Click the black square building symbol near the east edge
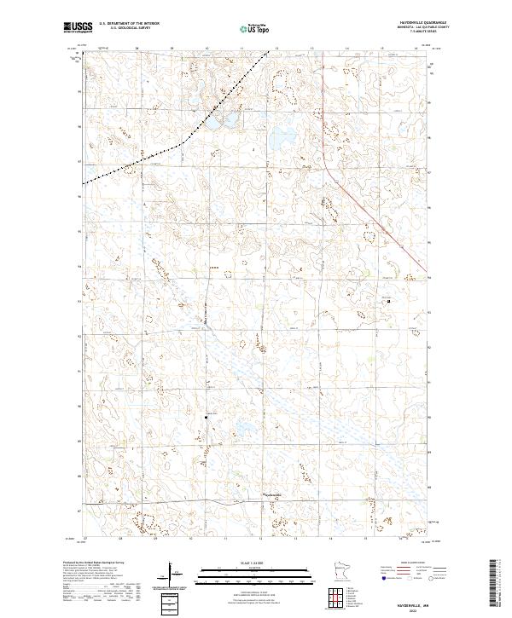tap(389, 300)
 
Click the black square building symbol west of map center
tap(206, 416)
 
